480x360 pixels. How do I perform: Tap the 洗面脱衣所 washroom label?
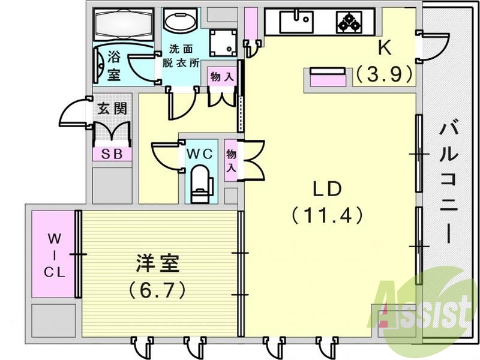181,58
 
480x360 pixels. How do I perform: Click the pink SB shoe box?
112,154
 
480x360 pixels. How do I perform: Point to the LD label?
326,188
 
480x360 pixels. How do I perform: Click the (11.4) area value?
326,214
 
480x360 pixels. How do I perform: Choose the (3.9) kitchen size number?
384,74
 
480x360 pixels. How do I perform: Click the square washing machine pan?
220,41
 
